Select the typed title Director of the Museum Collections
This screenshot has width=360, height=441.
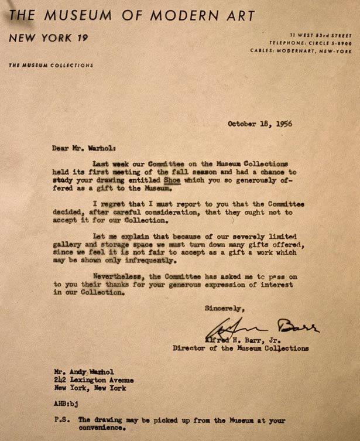coord(241,347)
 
